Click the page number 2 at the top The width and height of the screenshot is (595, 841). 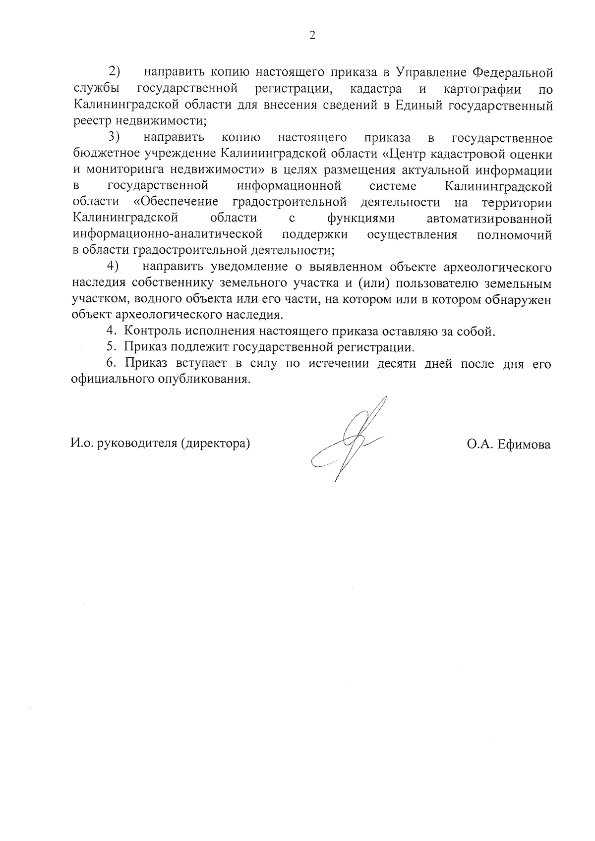click(x=312, y=35)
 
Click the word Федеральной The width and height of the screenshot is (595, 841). click(x=512, y=73)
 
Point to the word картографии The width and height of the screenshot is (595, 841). click(x=482, y=89)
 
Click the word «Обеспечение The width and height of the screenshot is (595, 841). click(x=176, y=202)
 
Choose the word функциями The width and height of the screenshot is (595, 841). click(x=361, y=218)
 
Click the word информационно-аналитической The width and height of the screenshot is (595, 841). click(x=167, y=234)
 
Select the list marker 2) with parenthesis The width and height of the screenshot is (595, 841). click(x=115, y=72)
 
